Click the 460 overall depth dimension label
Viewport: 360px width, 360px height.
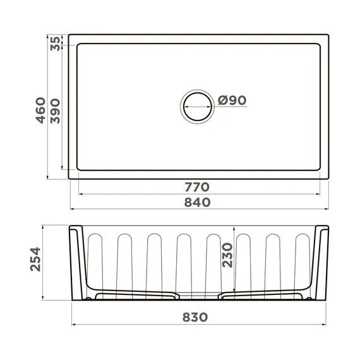39,110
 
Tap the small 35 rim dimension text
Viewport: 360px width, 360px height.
55,43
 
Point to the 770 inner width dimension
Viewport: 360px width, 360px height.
197,187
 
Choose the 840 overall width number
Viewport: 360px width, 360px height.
197,201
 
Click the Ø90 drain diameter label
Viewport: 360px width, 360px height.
231,100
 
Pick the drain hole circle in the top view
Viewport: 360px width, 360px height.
198,106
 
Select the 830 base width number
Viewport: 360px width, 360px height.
198,318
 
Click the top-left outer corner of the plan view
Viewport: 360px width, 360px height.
69,35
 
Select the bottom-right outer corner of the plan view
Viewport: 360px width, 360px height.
328,179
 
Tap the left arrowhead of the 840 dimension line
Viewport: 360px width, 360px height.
71,209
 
